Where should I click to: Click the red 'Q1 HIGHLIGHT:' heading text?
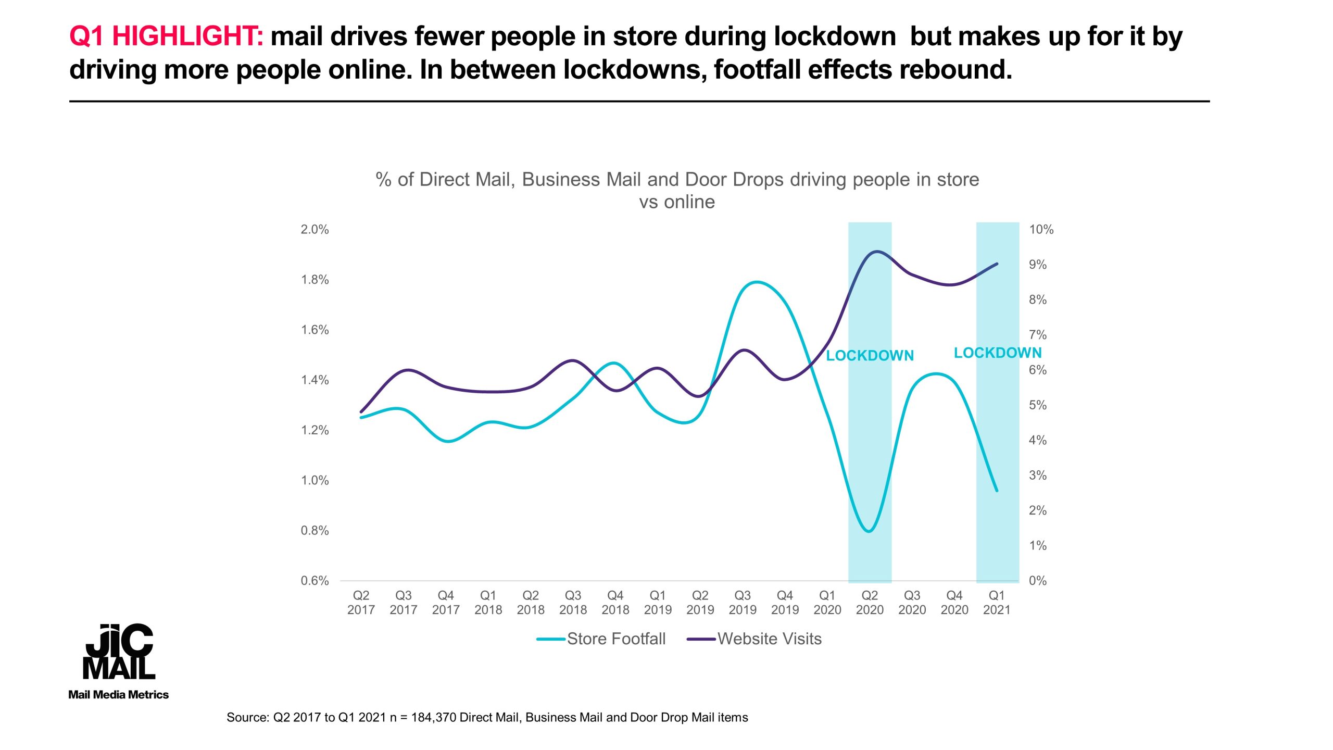167,37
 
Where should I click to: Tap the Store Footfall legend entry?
601,639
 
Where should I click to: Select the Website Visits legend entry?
754,639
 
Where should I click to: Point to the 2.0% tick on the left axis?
315,229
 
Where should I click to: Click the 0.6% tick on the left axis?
315,581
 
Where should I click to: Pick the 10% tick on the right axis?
1041,229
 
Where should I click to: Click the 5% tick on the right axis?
1037,405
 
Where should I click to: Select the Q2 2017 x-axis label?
361,603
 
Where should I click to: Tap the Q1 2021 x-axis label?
997,603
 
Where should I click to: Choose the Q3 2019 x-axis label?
743,603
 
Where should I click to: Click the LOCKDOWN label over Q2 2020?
870,356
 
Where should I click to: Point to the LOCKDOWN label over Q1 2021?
998,353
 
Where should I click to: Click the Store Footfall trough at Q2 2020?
869,531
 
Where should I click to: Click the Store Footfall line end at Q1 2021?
997,491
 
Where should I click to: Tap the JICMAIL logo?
119,652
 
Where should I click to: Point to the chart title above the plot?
677,190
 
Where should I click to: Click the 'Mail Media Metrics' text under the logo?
119,695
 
